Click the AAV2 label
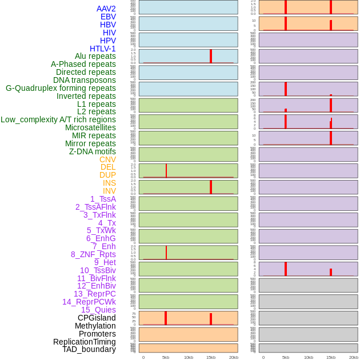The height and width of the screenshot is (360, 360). [x=106, y=9]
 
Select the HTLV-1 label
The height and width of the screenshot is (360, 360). [x=103, y=49]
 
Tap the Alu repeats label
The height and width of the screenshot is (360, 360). [x=95, y=56]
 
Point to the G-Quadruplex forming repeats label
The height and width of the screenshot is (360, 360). [x=61, y=88]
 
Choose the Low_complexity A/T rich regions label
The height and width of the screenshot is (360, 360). [x=58, y=119]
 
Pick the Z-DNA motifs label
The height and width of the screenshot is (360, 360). [x=93, y=151]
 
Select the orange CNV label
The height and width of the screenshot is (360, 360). [x=107, y=159]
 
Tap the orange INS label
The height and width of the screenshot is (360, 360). [x=109, y=183]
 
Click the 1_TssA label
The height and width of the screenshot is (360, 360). [x=103, y=199]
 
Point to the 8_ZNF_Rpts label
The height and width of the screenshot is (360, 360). [x=93, y=254]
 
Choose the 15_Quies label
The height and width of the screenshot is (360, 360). [x=98, y=310]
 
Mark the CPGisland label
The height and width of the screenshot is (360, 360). [x=97, y=318]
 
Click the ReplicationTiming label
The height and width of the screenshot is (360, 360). [x=85, y=342]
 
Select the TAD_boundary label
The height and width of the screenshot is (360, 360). [x=89, y=349]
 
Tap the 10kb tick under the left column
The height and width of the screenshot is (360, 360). [x=189, y=357]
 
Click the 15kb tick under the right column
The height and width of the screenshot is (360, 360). [x=331, y=357]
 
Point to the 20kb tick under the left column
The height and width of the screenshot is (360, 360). [x=233, y=357]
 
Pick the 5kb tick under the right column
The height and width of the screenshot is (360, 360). [x=286, y=357]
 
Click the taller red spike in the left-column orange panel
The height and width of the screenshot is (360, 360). [x=166, y=318]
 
